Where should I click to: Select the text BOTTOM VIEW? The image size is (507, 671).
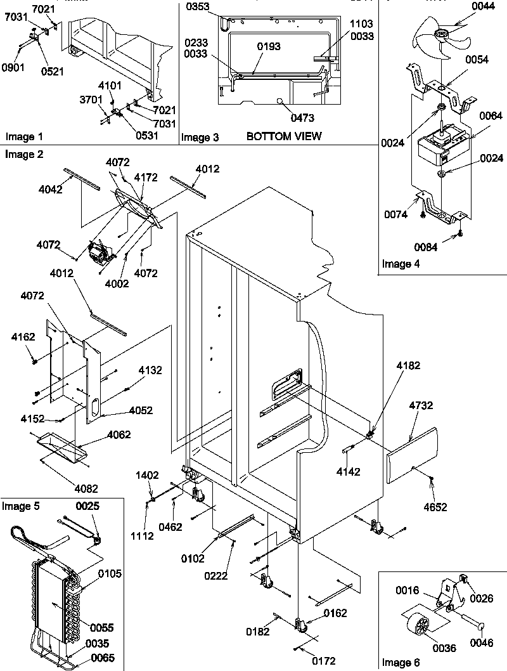(284, 136)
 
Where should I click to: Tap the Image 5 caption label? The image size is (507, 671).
(21, 506)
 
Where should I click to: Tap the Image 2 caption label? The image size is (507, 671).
(21, 154)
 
